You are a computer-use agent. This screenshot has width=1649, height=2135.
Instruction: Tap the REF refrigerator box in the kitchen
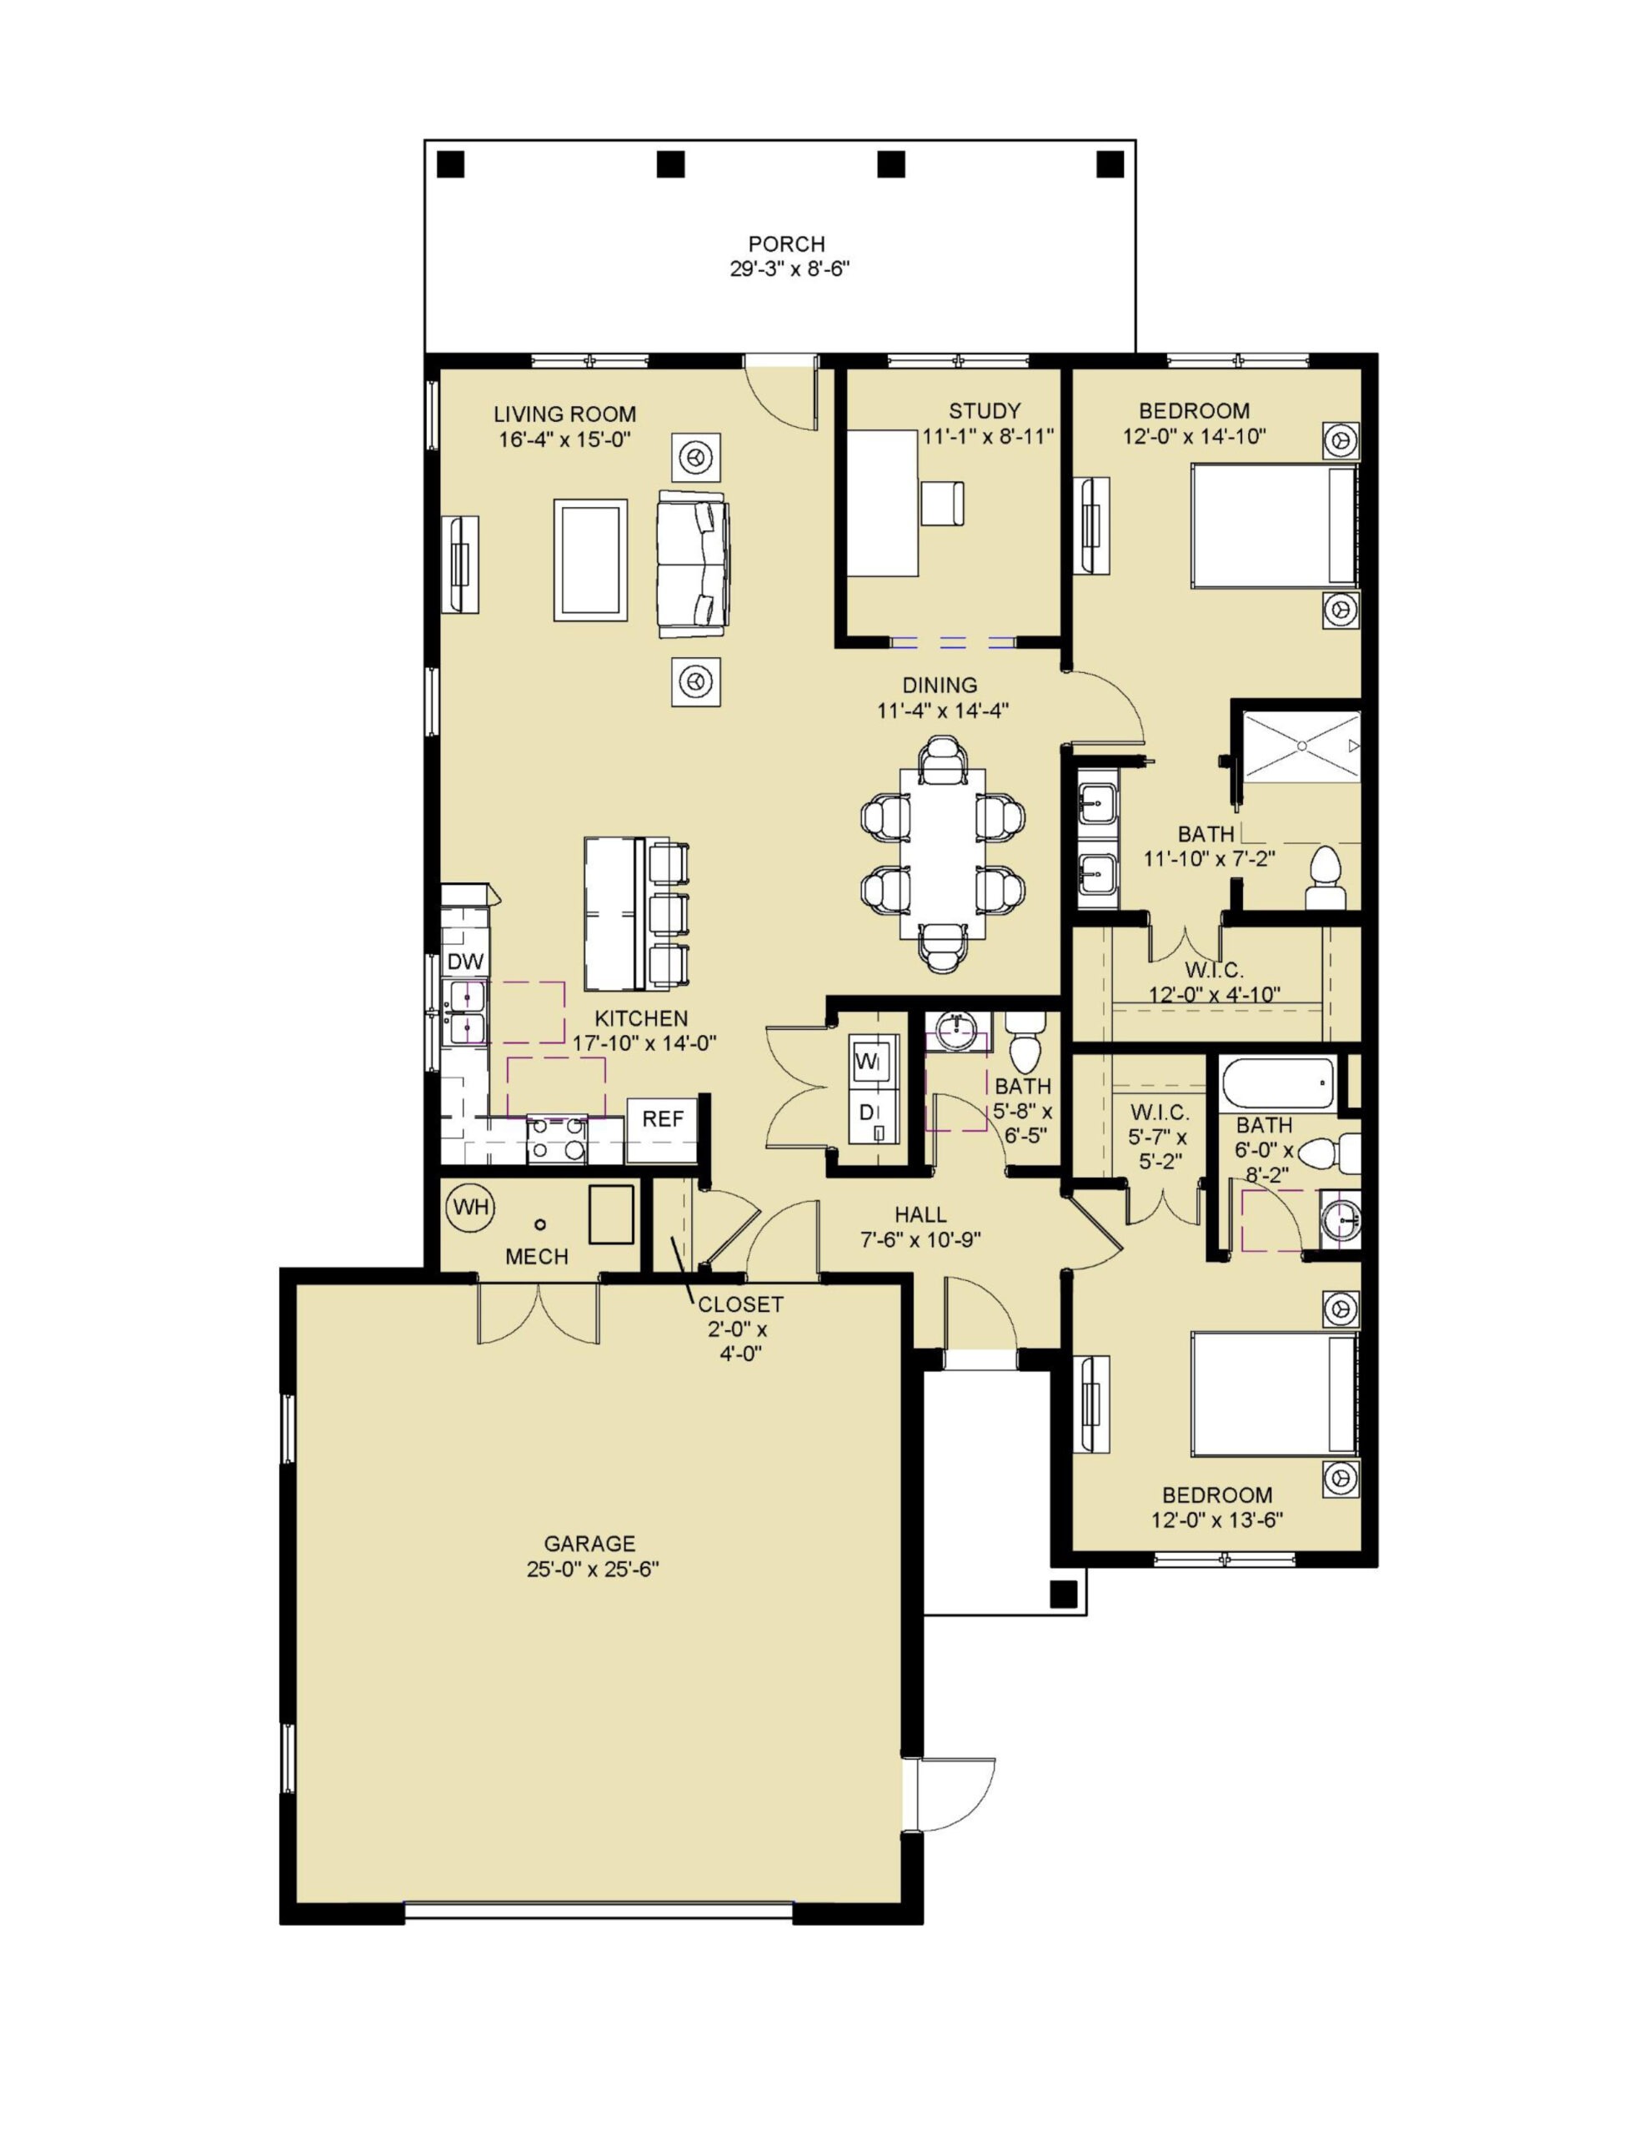pos(662,1130)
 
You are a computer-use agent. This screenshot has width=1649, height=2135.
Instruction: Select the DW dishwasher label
pos(465,962)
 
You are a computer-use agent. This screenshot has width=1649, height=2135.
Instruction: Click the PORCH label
pos(786,244)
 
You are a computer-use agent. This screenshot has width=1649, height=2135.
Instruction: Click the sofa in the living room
pos(693,564)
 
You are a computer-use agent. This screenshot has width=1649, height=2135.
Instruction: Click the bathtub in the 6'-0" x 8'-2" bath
pos(1276,1083)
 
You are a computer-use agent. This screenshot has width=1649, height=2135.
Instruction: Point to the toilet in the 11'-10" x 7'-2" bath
pos(1326,878)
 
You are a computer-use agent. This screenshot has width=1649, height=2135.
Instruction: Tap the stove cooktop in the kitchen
pos(556,1140)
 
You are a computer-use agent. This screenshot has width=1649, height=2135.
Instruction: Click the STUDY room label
pos(985,410)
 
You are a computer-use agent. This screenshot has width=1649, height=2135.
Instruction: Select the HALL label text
pos(920,1214)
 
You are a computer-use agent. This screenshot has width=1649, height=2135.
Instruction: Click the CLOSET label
pos(740,1304)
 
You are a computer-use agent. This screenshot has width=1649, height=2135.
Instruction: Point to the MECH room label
pos(537,1256)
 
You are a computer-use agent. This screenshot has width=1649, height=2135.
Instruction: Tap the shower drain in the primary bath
pos(1302,745)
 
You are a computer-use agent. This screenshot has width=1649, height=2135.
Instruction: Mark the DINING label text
pos(940,685)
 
